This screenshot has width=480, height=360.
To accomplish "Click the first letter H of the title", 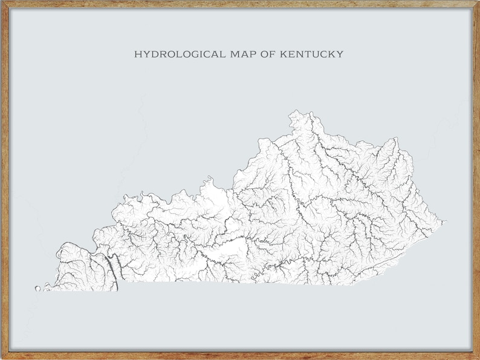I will pos(137,54).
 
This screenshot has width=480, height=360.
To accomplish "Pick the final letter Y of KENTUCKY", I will pos(340,54).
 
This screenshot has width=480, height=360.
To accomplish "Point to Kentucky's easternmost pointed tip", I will pos(446,221).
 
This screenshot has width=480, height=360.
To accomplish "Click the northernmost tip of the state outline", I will pos(295,111).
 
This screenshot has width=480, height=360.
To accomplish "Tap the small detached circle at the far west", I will pos(37,289).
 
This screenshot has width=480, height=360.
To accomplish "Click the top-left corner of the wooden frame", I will pos(2,2).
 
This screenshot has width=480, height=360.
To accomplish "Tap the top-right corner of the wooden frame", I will pos(478,2).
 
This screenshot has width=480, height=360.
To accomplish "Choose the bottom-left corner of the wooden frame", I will pos(2,358).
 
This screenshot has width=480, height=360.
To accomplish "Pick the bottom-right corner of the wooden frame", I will pos(478,358).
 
